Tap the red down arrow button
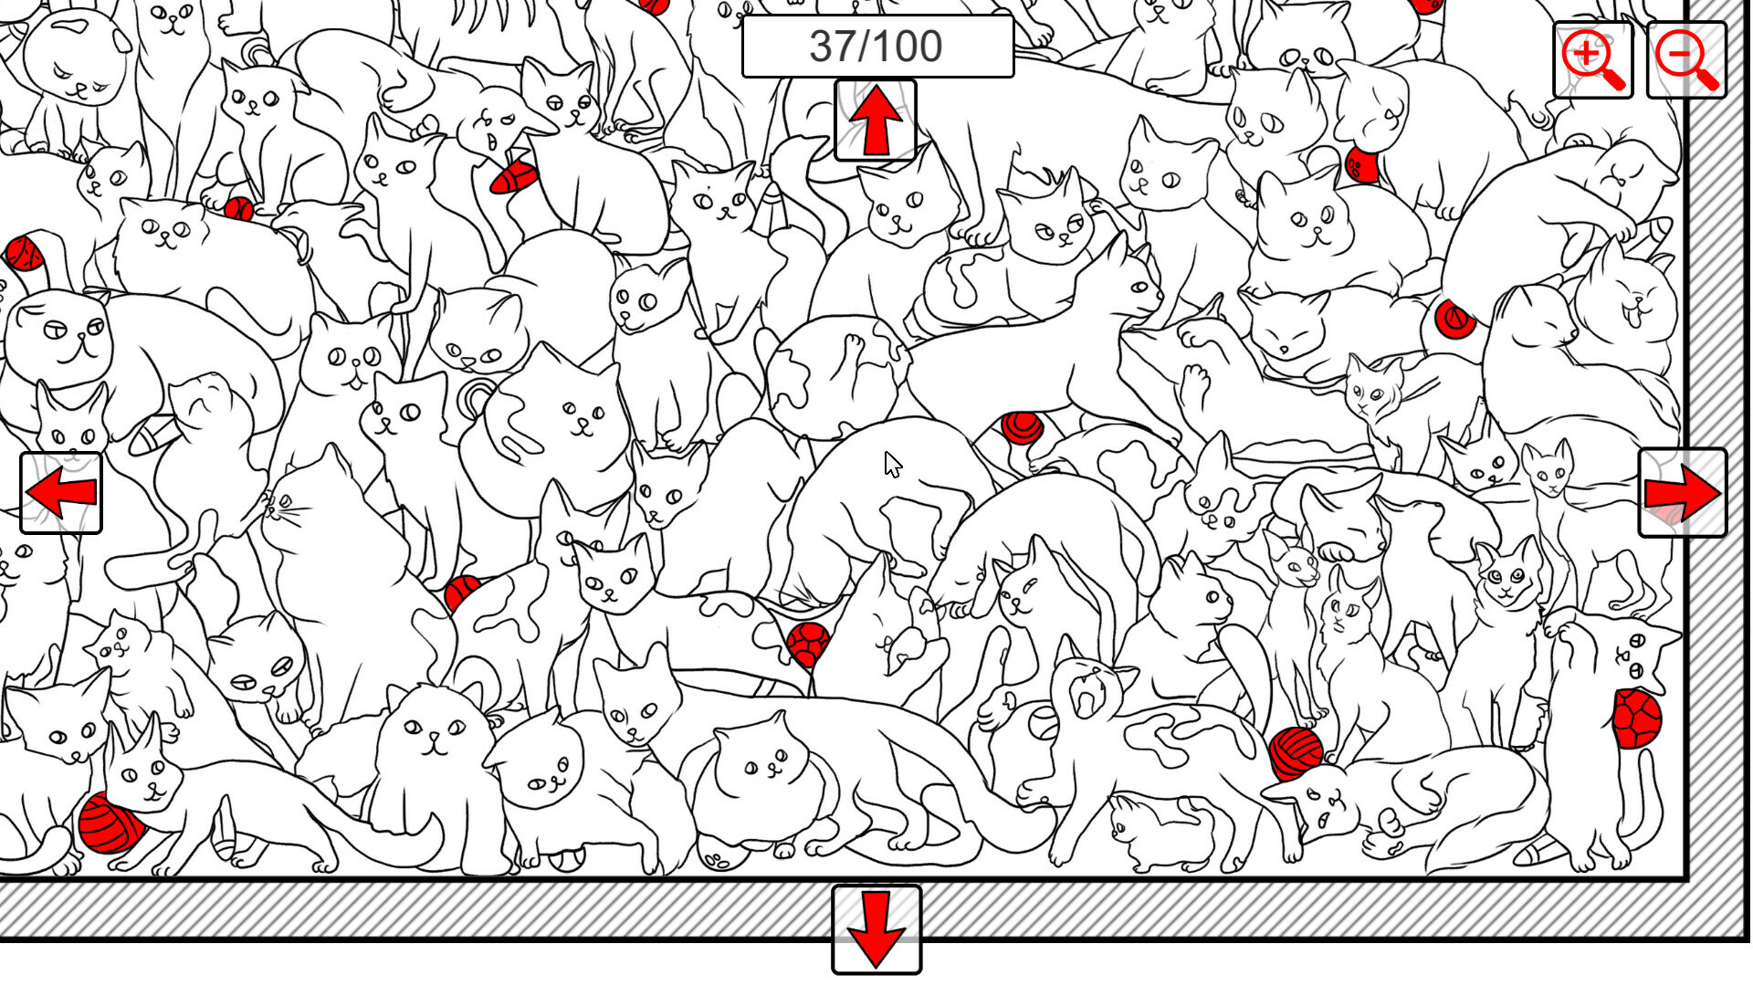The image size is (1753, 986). point(876,929)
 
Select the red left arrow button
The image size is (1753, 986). point(61,493)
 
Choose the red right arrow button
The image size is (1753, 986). point(1683,493)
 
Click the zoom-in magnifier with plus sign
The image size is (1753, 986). point(1593,60)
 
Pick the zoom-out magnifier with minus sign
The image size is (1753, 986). point(1686,60)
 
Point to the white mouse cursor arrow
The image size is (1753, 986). point(893,465)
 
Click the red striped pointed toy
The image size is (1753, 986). point(513,178)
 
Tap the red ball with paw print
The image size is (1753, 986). point(1361,165)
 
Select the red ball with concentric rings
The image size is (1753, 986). point(1022,427)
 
